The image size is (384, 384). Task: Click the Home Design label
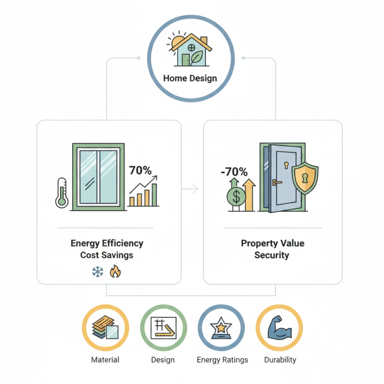tap(190, 78)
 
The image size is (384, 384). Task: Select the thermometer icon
tap(61, 192)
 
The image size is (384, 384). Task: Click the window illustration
tap(98, 177)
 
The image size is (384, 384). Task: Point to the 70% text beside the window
tap(140, 170)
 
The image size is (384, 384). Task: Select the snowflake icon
tap(97, 273)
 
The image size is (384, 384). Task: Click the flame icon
tap(115, 272)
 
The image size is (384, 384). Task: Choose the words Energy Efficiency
tap(107, 243)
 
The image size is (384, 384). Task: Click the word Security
tap(272, 255)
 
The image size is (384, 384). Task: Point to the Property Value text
tap(273, 243)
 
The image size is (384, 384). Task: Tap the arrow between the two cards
tap(192, 189)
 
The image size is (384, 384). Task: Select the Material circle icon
tap(105, 328)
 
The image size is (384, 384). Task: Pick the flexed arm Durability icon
tap(279, 328)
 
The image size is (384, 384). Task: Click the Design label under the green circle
tap(163, 360)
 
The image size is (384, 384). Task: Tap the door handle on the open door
tap(276, 182)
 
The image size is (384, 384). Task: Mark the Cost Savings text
tap(107, 255)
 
